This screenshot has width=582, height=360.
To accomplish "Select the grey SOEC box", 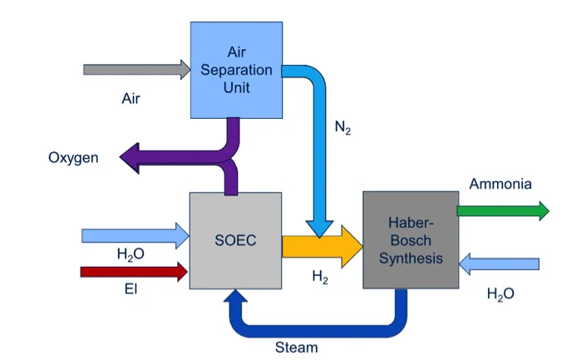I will (x=235, y=240).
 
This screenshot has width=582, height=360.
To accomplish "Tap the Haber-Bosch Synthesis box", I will (x=411, y=239).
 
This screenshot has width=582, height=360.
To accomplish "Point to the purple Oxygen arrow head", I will (x=131, y=155).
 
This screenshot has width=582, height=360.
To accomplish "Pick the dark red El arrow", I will (x=134, y=272).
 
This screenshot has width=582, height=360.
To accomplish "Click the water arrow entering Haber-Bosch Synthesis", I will (x=499, y=264).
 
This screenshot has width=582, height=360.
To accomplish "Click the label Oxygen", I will (x=73, y=157).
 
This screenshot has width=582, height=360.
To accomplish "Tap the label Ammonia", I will (x=500, y=184).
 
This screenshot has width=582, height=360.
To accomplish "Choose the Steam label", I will (x=296, y=347).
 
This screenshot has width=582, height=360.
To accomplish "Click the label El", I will (x=128, y=290).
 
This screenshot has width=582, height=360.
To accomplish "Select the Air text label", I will (x=131, y=99).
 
